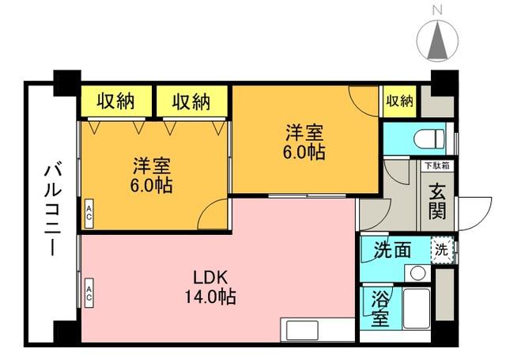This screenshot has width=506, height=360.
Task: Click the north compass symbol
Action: (437, 40)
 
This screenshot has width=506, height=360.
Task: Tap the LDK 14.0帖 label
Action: (210, 286)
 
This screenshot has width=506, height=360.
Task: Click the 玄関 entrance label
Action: (437, 202)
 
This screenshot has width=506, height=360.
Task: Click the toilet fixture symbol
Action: (429, 139)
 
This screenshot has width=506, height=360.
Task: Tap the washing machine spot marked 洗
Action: (442, 249)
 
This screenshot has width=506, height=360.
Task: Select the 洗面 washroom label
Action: (392, 250)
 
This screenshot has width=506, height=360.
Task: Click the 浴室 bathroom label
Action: (379, 309)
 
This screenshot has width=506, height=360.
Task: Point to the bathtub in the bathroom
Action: (417, 309)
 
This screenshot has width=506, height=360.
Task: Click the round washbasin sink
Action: (417, 273)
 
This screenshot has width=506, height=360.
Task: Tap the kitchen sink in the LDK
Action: (302, 330)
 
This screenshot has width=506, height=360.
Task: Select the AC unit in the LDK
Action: (89, 293)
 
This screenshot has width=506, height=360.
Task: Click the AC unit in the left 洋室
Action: (89, 214)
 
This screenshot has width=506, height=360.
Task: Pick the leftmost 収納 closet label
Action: (116, 101)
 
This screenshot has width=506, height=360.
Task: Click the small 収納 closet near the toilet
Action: (399, 101)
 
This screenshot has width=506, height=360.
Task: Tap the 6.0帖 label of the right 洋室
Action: (304, 152)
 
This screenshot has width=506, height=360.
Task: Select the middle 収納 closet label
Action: (191, 101)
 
